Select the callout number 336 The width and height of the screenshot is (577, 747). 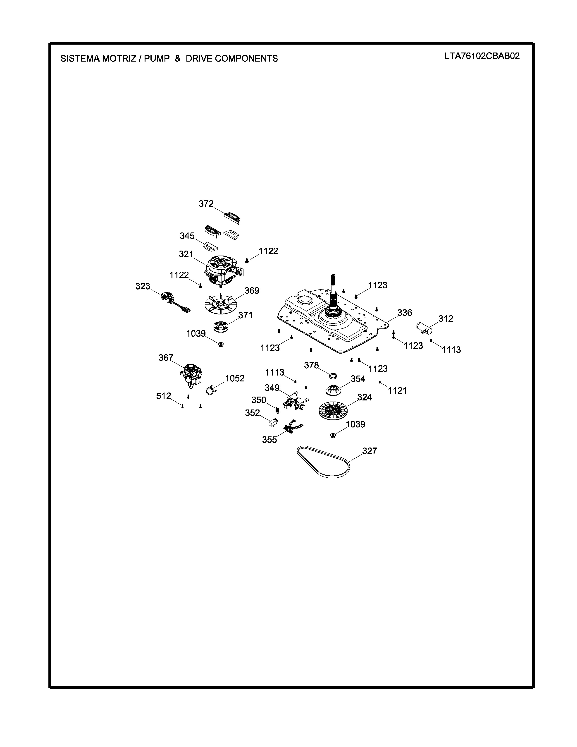(404, 313)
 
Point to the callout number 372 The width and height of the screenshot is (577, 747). (206, 204)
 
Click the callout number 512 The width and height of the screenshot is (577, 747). (163, 396)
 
